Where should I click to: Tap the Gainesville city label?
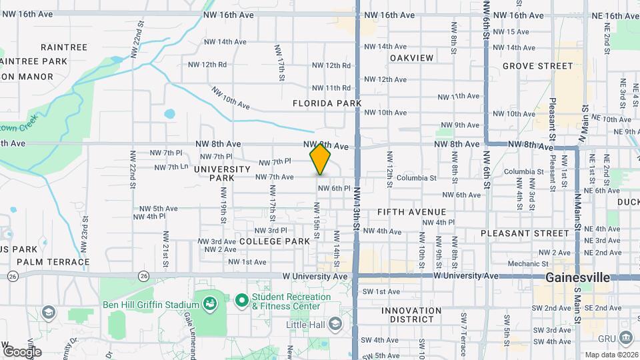pyautogui.click(x=577, y=277)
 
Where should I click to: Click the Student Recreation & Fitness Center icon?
pyautogui.click(x=241, y=301)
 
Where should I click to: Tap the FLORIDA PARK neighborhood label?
pyautogui.click(x=327, y=103)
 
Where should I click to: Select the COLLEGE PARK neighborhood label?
pyautogui.click(x=275, y=241)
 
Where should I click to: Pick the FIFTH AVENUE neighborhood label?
pyautogui.click(x=411, y=211)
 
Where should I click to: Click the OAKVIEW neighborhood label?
pyautogui.click(x=412, y=58)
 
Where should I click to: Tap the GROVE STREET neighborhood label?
pyautogui.click(x=537, y=66)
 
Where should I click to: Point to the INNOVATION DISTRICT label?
pyautogui.click(x=411, y=315)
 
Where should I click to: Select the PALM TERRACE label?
pyautogui.click(x=53, y=262)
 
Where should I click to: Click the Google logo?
pyautogui.click(x=21, y=351)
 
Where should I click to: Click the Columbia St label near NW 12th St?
pyautogui.click(x=416, y=178)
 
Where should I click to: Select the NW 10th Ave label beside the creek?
pyautogui.click(x=231, y=99)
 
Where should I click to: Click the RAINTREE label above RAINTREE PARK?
pyautogui.click(x=64, y=47)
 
